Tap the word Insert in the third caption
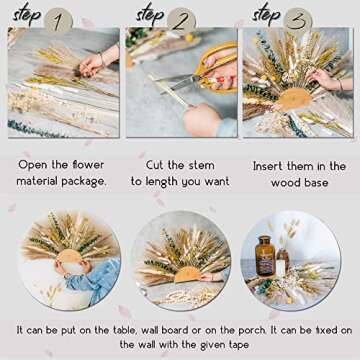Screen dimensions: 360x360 tap(267, 165)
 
